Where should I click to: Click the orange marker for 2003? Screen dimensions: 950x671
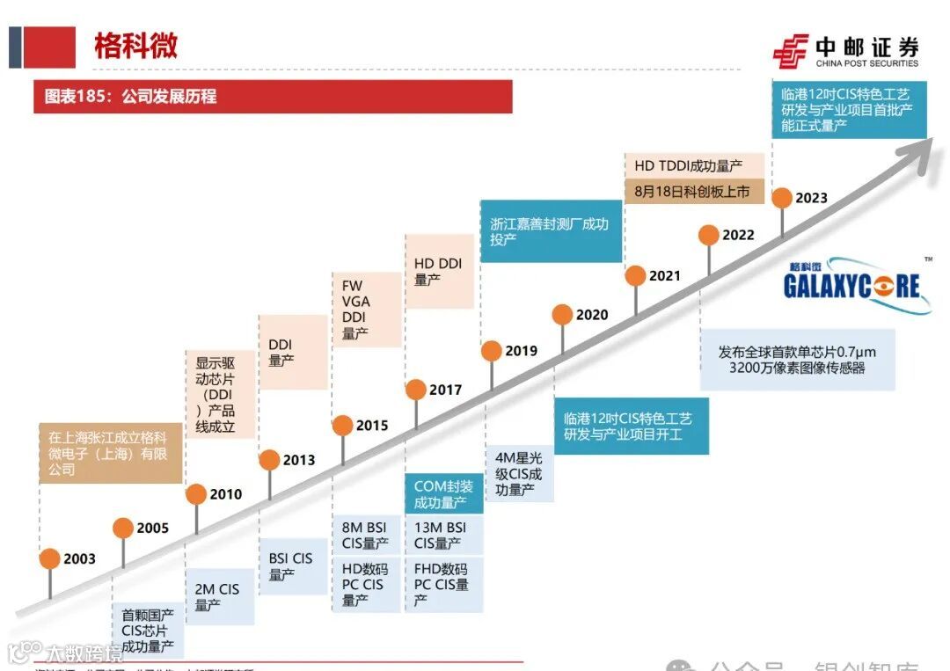(x=50, y=558)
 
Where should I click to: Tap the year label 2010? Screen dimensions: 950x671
(x=225, y=494)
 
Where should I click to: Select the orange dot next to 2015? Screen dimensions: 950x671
(x=343, y=426)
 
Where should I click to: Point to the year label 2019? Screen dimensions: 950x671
(x=521, y=351)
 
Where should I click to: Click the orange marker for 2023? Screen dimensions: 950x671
(x=781, y=198)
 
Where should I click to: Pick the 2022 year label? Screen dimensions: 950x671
(x=738, y=235)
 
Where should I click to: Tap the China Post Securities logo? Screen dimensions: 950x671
(x=845, y=51)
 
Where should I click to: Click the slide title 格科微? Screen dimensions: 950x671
(x=135, y=46)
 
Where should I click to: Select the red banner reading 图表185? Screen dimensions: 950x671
(x=273, y=96)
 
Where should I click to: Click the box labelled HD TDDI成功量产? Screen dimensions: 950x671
(x=689, y=165)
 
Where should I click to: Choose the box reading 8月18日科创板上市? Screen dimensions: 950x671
(x=689, y=191)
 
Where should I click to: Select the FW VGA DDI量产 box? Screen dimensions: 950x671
(x=365, y=310)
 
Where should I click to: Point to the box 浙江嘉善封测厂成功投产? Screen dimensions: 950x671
(x=550, y=231)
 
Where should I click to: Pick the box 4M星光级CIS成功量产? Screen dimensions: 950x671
(x=519, y=474)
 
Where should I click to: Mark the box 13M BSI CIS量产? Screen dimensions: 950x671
(x=444, y=536)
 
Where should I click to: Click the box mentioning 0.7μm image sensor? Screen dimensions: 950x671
(x=797, y=360)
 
